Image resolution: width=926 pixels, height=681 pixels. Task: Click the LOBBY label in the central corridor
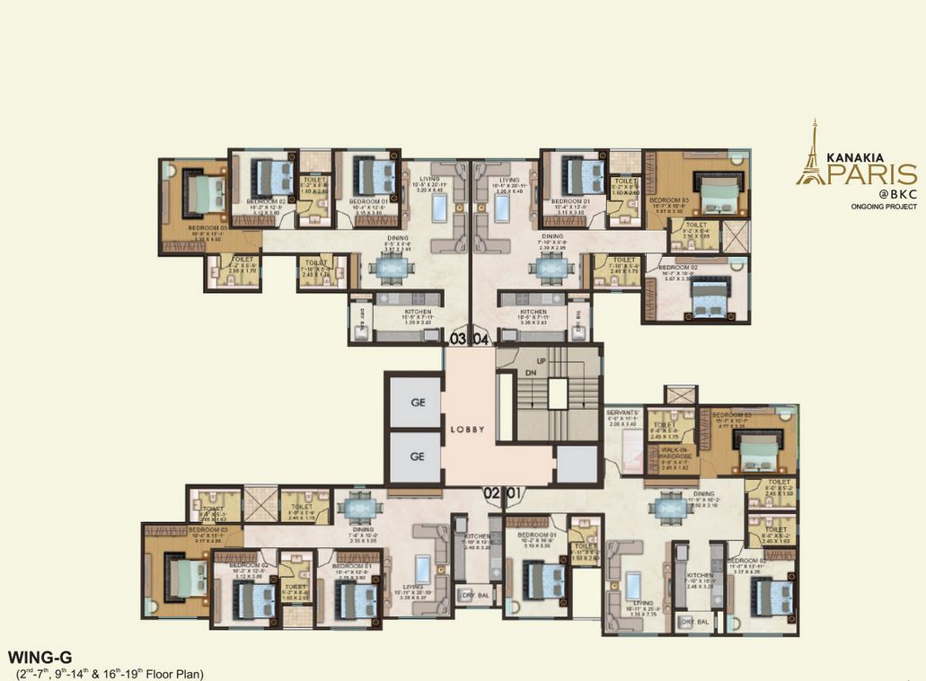pos(467,429)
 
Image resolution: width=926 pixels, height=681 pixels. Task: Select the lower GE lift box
pos(416,455)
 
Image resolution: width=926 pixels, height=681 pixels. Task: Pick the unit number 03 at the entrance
pos(458,339)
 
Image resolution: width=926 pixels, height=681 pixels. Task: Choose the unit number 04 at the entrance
pos(481,339)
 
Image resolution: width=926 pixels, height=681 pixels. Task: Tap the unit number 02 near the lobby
pos(491,492)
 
